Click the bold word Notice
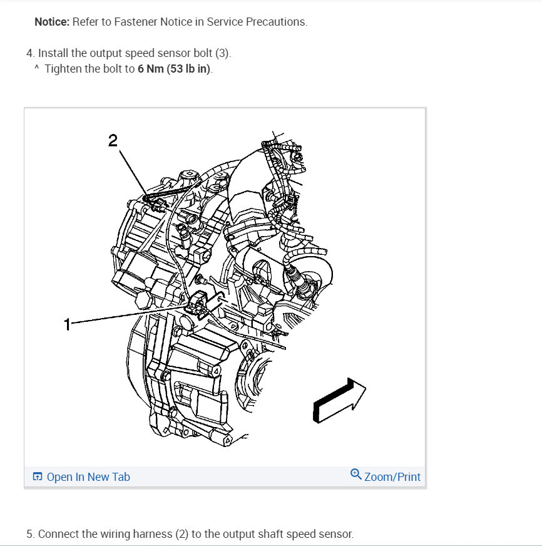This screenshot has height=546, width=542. click(x=52, y=22)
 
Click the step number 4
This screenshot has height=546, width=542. click(x=29, y=53)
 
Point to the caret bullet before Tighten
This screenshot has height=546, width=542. click(x=36, y=68)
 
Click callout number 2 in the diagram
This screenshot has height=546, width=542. click(x=113, y=140)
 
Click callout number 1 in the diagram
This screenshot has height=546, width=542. click(x=67, y=324)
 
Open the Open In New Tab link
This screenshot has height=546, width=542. click(x=88, y=477)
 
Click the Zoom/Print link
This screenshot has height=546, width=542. click(x=392, y=477)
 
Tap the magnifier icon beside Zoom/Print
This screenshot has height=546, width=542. click(x=356, y=474)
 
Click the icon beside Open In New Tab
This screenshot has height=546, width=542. click(x=38, y=477)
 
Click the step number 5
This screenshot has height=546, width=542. click(x=29, y=534)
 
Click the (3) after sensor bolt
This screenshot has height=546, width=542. click(x=223, y=53)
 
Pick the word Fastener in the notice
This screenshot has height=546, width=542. click(x=134, y=22)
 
